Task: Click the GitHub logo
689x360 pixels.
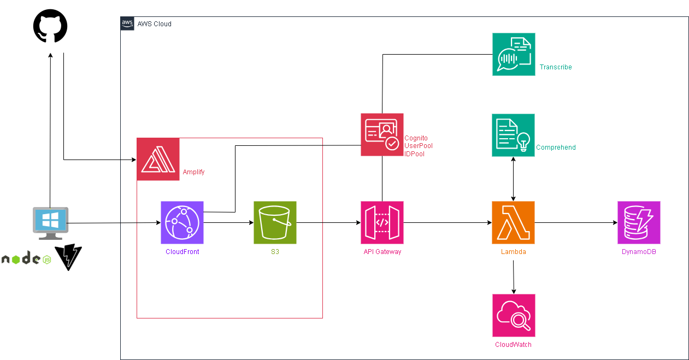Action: (50, 27)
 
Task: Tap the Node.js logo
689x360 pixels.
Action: (26, 259)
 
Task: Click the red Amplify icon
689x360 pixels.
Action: (158, 159)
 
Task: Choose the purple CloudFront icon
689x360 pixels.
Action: (182, 222)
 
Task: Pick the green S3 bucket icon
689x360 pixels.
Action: (275, 222)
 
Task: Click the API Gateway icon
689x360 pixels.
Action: (382, 222)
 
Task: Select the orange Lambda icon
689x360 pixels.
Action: (513, 222)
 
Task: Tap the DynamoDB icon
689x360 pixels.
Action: (639, 222)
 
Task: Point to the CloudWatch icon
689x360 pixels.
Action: (513, 315)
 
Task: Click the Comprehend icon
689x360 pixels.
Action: (513, 135)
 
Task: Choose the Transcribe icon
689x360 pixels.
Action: (513, 54)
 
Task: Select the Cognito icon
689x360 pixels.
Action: (382, 134)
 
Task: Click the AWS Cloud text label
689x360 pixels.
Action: (154, 24)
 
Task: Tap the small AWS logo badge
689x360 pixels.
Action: (127, 23)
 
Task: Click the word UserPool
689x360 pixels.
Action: (418, 146)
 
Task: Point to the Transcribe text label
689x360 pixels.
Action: (556, 67)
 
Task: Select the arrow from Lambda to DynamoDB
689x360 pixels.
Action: (576, 223)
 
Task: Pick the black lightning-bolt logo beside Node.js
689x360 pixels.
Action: (69, 257)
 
